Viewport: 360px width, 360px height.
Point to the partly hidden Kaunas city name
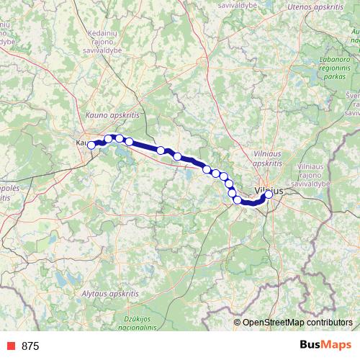(x=81, y=143)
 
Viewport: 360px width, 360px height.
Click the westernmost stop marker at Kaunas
(x=91, y=145)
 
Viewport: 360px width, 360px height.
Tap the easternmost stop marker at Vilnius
(x=269, y=194)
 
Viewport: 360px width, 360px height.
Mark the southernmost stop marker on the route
(x=238, y=199)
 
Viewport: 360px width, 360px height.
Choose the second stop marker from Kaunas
(x=109, y=139)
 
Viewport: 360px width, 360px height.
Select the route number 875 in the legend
(x=31, y=346)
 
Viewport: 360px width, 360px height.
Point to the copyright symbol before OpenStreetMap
(x=237, y=322)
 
